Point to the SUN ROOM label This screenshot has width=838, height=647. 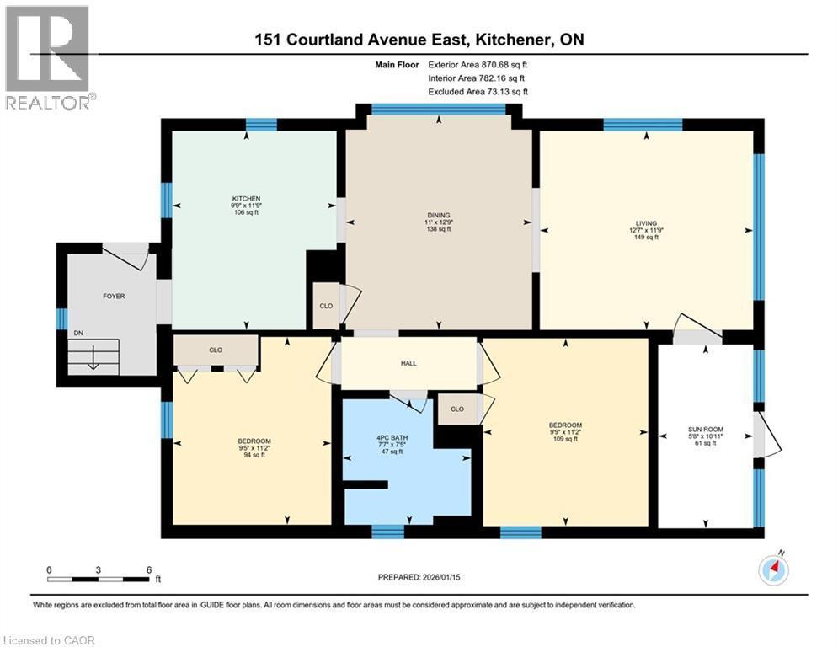pyautogui.click(x=706, y=430)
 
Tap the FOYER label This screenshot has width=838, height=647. pyautogui.click(x=115, y=296)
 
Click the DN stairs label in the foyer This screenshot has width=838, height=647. pyautogui.click(x=77, y=334)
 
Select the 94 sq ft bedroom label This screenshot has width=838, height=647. pyautogui.click(x=254, y=441)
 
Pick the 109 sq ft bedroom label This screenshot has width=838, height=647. pyautogui.click(x=565, y=425)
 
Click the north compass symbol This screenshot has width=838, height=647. pyautogui.click(x=773, y=570)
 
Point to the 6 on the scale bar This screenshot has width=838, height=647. pyautogui.click(x=148, y=570)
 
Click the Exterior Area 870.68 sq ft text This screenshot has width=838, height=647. pyautogui.click(x=478, y=64)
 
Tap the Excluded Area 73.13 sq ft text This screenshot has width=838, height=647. pyautogui.click(x=478, y=91)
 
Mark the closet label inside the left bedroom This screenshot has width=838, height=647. pyautogui.click(x=216, y=349)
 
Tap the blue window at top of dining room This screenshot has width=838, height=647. pyautogui.click(x=439, y=108)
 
